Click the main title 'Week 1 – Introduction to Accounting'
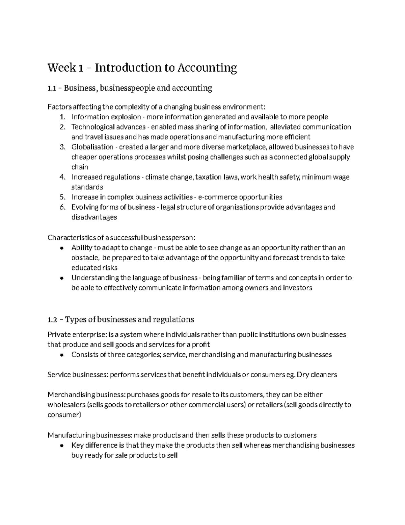point(142,68)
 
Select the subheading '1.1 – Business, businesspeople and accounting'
point(130,88)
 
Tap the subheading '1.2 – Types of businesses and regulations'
point(121,319)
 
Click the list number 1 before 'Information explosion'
point(62,117)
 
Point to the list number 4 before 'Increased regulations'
point(62,177)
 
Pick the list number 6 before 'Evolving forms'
point(62,207)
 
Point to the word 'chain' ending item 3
point(80,167)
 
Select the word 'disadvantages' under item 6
point(94,217)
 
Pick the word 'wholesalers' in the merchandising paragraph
point(66,405)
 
